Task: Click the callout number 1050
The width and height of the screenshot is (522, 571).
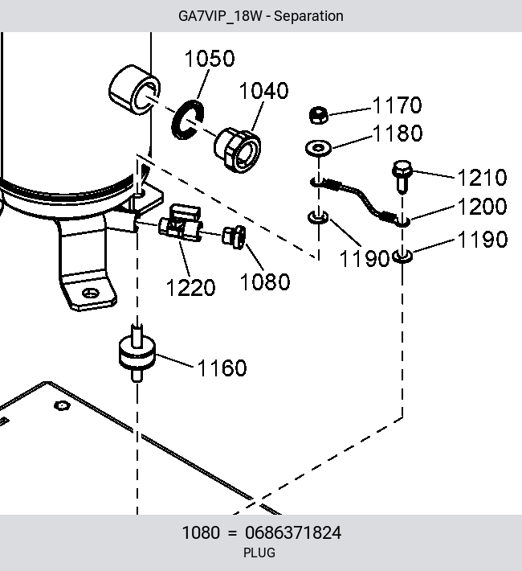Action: tap(210, 58)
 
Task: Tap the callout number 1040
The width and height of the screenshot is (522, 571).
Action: tap(264, 90)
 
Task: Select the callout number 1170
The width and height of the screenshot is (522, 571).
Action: tap(398, 105)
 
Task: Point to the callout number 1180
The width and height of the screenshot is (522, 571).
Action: tap(398, 133)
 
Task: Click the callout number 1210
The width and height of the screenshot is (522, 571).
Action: tap(482, 178)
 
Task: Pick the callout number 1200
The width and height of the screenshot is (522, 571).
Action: tap(482, 207)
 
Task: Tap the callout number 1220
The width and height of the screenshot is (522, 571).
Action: tap(190, 288)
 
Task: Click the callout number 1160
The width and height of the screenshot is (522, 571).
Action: tap(222, 368)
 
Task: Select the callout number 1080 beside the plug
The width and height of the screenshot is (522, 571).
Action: tap(265, 281)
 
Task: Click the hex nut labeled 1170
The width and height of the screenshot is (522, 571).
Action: tap(318, 115)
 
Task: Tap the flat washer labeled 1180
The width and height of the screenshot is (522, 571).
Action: tap(318, 148)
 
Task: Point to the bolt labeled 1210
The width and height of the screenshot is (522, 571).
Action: tap(402, 176)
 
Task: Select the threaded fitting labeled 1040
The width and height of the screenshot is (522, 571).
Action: tap(237, 150)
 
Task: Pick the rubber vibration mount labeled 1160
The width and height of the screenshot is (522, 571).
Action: tap(137, 354)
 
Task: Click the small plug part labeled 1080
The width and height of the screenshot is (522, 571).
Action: tap(234, 237)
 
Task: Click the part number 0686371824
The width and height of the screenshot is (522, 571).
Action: tap(293, 532)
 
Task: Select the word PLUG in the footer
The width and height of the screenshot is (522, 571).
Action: tap(259, 553)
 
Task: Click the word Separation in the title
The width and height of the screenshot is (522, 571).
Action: tap(308, 16)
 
